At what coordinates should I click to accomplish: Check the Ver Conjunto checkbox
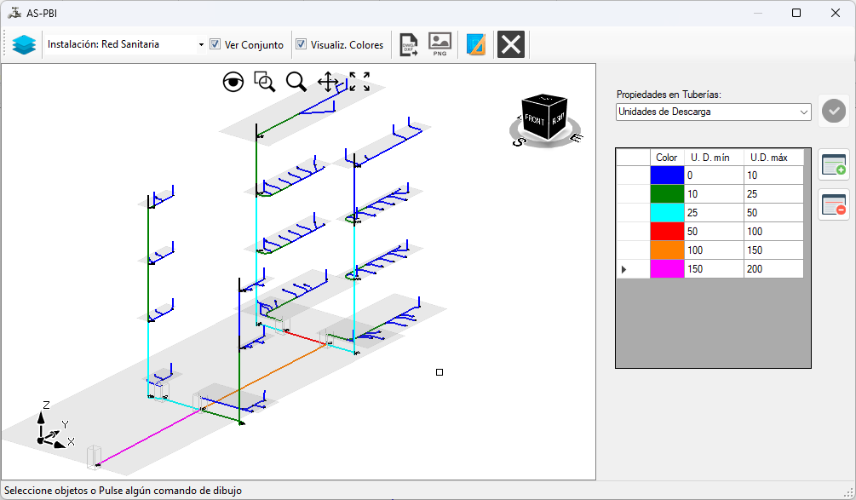(x=215, y=44)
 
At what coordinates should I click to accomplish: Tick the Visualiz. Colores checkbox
(x=301, y=44)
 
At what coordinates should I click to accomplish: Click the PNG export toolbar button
(x=439, y=44)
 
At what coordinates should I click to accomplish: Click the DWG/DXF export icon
(x=408, y=44)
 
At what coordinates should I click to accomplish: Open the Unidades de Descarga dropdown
(x=713, y=112)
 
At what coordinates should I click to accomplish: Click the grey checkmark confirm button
(x=834, y=111)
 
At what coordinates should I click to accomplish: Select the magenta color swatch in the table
(x=667, y=268)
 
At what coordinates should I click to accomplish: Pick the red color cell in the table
(x=667, y=232)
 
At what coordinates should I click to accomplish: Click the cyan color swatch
(x=667, y=213)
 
